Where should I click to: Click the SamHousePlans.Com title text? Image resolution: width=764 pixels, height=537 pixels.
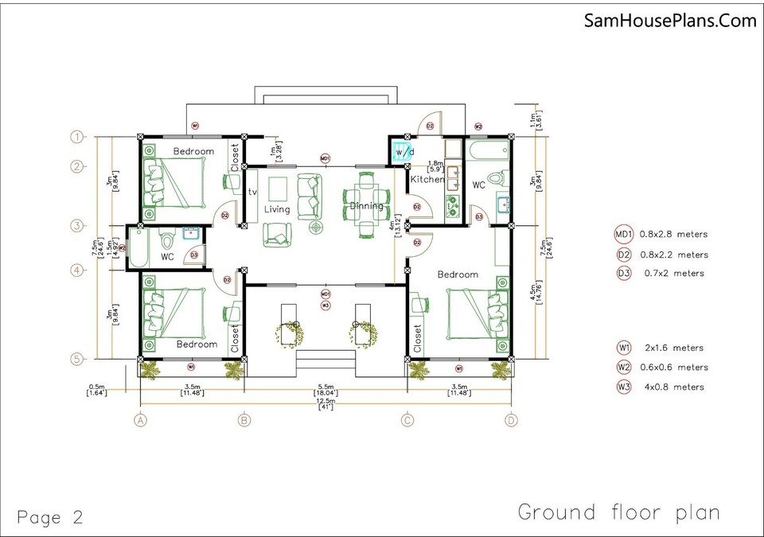pyautogui.click(x=669, y=21)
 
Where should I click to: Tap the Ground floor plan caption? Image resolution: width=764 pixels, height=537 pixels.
pyautogui.click(x=618, y=512)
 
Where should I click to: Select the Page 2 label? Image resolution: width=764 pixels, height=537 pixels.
pyautogui.click(x=49, y=517)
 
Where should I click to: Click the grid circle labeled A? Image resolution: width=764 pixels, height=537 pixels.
pyautogui.click(x=141, y=420)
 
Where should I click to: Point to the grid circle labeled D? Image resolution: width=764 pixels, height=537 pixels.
pyautogui.click(x=510, y=420)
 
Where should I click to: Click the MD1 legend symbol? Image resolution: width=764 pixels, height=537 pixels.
pyautogui.click(x=623, y=235)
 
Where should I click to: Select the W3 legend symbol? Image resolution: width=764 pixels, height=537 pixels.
pyautogui.click(x=623, y=387)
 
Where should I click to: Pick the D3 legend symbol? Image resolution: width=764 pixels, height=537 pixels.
pyautogui.click(x=623, y=274)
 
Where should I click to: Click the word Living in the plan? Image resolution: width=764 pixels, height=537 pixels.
pyautogui.click(x=277, y=209)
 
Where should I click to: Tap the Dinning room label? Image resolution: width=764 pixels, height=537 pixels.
pyautogui.click(x=366, y=206)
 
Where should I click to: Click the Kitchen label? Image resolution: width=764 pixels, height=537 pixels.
pyautogui.click(x=427, y=180)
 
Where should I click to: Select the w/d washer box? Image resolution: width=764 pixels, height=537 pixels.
pyautogui.click(x=399, y=151)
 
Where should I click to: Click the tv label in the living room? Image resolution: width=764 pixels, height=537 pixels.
pyautogui.click(x=253, y=192)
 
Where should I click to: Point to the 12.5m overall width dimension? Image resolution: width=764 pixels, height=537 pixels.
pyautogui.click(x=325, y=404)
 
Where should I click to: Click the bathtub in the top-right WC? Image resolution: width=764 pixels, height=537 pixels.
pyautogui.click(x=485, y=150)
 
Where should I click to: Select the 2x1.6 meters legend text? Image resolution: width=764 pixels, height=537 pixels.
pyautogui.click(x=673, y=348)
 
